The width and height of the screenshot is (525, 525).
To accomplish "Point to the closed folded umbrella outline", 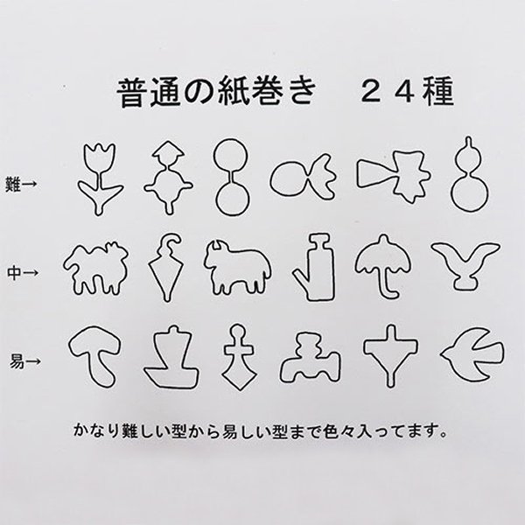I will [x=166, y=263].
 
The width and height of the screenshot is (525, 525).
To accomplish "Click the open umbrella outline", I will [x=378, y=262].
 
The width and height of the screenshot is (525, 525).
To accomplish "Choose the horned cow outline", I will [x=234, y=265].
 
